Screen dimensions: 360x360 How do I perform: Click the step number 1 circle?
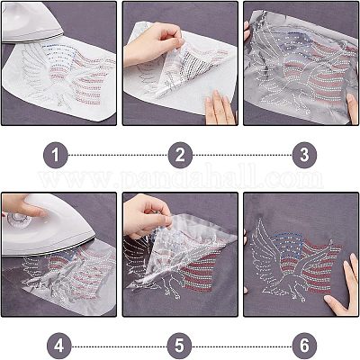tap(58, 155)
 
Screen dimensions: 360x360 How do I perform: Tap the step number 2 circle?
tap(180, 155)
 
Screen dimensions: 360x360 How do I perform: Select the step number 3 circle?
tap(302, 155)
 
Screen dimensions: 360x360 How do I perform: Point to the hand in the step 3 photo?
tap(221, 108)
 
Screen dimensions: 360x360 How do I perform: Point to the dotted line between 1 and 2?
tap(119, 155)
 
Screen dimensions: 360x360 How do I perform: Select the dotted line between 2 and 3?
tap(241, 155)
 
